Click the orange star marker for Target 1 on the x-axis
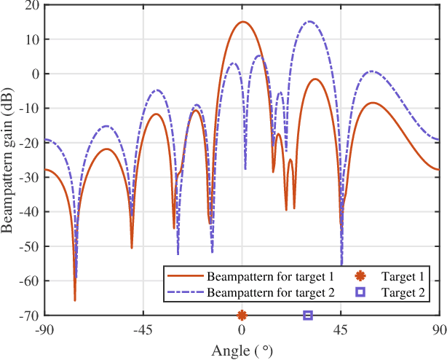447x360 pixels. click(x=242, y=316)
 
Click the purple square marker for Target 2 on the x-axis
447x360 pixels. click(x=308, y=316)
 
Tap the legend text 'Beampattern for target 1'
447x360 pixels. click(x=270, y=277)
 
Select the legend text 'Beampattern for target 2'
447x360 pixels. click(x=270, y=293)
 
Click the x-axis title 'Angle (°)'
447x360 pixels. click(x=242, y=351)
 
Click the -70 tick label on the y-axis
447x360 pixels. click(x=30, y=316)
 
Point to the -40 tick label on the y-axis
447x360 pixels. click(x=30, y=212)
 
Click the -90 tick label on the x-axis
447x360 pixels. click(x=45, y=329)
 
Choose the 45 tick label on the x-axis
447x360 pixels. click(x=341, y=329)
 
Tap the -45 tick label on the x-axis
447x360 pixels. click(x=143, y=329)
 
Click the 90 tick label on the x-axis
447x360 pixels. click(x=439, y=329)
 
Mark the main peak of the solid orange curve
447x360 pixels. click(x=242, y=22)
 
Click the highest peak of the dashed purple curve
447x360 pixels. click(x=309, y=22)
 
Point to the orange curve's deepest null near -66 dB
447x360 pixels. click(x=74, y=300)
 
